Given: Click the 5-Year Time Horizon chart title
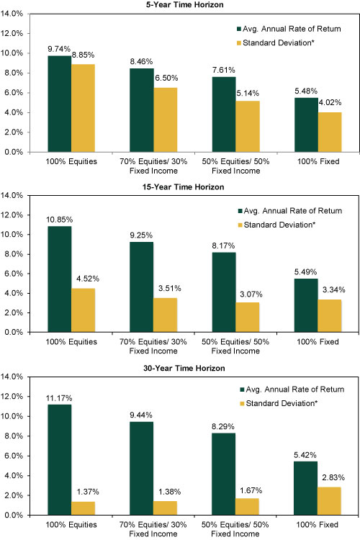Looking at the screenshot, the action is [184, 4].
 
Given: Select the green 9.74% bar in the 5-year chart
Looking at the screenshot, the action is [60, 104].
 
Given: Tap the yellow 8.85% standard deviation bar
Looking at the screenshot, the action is [83, 108].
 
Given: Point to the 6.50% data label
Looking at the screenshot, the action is [166, 78].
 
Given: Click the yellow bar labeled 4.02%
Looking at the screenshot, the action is [330, 132].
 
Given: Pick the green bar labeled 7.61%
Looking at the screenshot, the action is [224, 114].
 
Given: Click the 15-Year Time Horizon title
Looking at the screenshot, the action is [184, 186].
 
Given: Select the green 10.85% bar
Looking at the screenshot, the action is [60, 279].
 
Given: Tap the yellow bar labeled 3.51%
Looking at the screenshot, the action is [166, 315].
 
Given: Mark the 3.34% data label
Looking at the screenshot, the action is [334, 290].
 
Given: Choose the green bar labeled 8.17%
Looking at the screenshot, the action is [224, 292].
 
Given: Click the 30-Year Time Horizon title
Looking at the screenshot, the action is [184, 368].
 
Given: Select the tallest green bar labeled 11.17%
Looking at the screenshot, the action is [60, 460].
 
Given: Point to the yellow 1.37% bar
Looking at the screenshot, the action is [83, 508].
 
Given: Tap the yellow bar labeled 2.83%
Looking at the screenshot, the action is [329, 501].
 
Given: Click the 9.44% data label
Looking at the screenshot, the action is [141, 415].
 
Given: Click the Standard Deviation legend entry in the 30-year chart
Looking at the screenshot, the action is [279, 403].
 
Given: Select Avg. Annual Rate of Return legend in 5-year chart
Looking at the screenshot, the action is [289, 29].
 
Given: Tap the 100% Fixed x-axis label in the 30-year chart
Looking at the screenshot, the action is [318, 524].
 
